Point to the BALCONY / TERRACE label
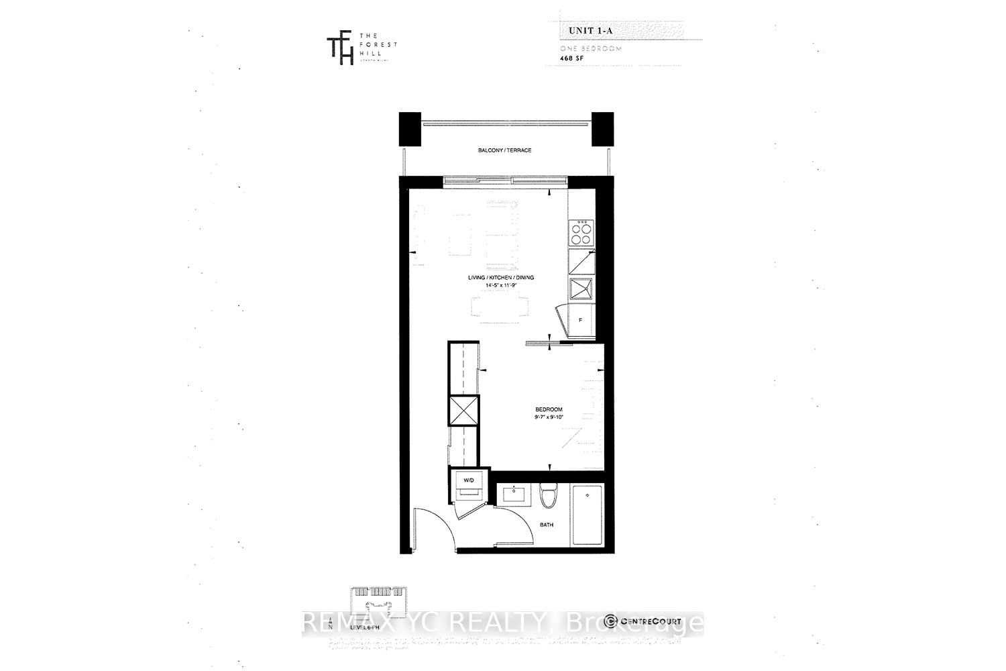(504, 150)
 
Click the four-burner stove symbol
(581, 233)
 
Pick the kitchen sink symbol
(581, 289)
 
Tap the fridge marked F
(581, 320)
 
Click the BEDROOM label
(548, 409)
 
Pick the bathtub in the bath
(588, 515)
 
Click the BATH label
(547, 525)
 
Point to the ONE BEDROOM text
(591, 49)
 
